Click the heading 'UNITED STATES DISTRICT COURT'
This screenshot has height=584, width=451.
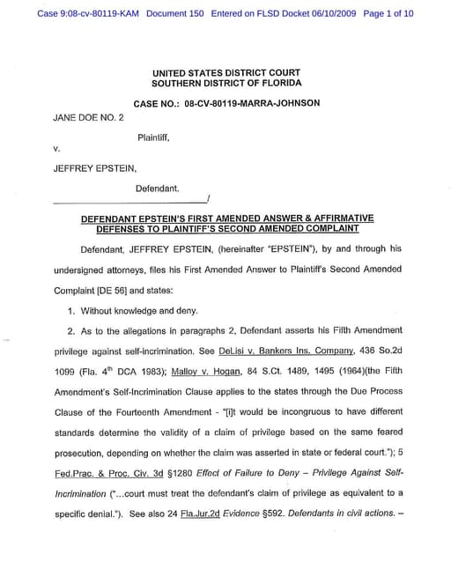225,72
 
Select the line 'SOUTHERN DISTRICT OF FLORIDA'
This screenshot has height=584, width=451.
225,83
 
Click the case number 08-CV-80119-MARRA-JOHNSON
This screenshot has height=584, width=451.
252,104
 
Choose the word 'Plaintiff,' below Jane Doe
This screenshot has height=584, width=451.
153,137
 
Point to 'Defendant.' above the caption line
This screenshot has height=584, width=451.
158,189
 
